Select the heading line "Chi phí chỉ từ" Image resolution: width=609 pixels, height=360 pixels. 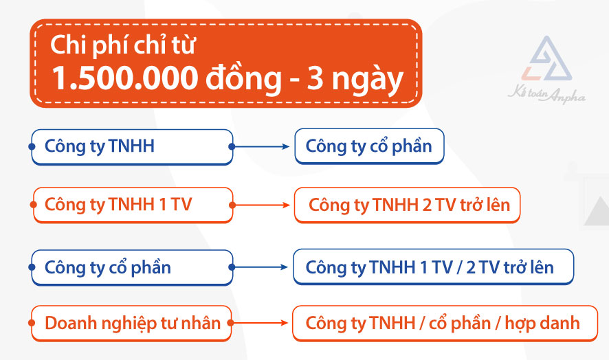[x=124, y=46]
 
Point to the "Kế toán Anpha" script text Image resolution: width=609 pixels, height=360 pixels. [x=547, y=97]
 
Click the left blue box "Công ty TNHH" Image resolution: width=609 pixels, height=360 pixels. [x=131, y=146]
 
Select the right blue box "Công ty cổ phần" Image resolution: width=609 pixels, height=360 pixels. [x=368, y=146]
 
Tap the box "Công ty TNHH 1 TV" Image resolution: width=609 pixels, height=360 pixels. [x=132, y=205]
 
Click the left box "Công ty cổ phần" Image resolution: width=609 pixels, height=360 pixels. [x=131, y=267]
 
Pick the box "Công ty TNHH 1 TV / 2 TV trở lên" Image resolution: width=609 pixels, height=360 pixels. [x=432, y=267]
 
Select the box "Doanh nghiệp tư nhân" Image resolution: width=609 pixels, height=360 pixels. [x=132, y=322]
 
